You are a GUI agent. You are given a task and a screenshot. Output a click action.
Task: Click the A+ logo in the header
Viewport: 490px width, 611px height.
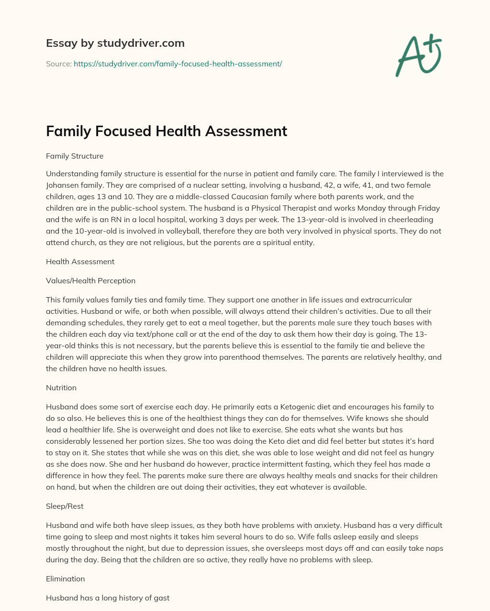(x=419, y=55)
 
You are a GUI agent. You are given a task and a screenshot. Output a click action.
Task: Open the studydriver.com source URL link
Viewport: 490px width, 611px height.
(x=178, y=64)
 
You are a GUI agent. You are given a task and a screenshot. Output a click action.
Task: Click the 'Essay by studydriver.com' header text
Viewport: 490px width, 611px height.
(x=115, y=43)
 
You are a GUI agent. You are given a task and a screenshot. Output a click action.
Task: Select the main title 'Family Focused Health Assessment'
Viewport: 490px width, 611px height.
(x=166, y=131)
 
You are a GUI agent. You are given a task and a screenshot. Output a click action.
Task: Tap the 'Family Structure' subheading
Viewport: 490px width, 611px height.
(x=75, y=156)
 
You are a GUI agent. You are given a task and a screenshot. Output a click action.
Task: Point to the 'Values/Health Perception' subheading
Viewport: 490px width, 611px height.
(x=90, y=280)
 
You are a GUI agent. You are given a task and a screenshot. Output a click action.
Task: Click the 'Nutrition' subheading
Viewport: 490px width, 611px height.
(x=61, y=387)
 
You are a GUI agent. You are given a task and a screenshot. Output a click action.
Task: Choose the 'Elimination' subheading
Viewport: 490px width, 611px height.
(x=65, y=579)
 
